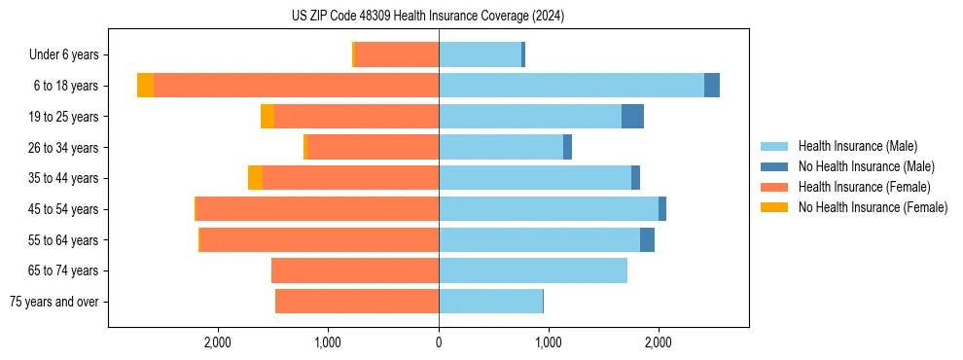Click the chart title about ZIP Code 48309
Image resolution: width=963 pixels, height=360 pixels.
pos(427,17)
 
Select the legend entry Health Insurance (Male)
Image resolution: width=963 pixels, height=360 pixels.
pos(857,146)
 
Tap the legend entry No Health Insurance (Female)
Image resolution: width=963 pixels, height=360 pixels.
pos(873,207)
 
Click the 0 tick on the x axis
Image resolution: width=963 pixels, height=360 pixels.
pos(439,342)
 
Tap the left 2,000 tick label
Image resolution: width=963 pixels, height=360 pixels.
pos(217,342)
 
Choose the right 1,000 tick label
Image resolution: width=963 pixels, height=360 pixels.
pos(549,342)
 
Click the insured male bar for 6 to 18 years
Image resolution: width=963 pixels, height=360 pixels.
pos(571,86)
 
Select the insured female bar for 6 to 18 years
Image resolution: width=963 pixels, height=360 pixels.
pos(296,86)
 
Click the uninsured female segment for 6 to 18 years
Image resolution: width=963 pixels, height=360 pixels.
pos(145,86)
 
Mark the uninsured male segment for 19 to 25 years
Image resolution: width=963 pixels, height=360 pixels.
pos(632,117)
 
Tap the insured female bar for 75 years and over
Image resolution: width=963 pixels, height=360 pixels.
pos(357,302)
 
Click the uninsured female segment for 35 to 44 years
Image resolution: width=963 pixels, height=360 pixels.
pos(255,178)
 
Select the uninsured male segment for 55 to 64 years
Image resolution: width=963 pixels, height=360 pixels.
pos(647,240)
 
